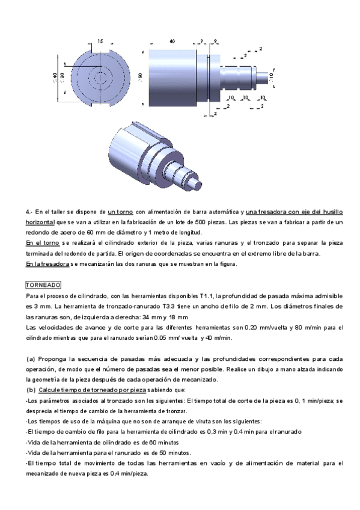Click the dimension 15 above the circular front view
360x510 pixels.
click(99, 41)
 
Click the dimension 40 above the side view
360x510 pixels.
click(172, 41)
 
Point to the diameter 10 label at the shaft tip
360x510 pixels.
click(272, 77)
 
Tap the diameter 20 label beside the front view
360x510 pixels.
click(63, 77)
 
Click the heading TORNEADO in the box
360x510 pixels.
click(40, 284)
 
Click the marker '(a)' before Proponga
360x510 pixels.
click(31, 358)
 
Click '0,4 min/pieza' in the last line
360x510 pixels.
click(129, 473)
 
